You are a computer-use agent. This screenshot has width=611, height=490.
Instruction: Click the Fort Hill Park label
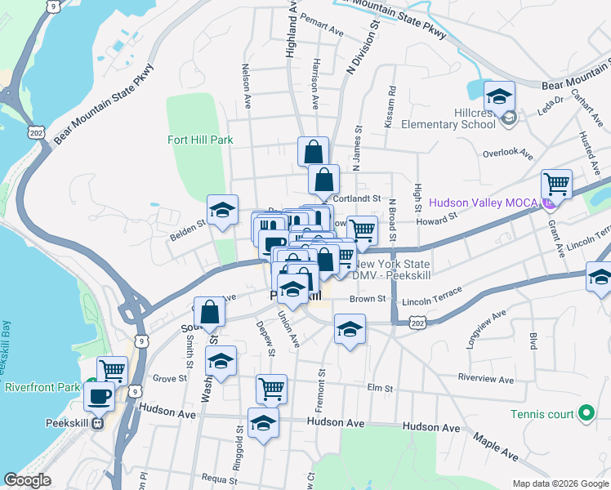200,140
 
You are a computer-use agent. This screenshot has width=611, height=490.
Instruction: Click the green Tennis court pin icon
585,414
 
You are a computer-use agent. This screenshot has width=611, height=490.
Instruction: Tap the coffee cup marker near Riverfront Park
100,397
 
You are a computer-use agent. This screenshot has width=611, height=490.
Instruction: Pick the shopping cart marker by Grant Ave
556,184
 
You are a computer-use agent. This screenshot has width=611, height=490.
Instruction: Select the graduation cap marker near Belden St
221,210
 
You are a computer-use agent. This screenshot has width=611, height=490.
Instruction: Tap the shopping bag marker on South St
210,311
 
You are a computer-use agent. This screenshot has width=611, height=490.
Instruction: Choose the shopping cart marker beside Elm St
271,389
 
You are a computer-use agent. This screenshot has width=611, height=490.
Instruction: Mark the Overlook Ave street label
506,154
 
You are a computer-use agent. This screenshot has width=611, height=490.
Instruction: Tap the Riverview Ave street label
485,380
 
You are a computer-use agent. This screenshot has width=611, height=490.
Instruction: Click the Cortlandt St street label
358,198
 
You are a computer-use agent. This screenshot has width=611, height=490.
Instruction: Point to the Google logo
27,480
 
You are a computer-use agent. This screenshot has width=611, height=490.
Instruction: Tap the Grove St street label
170,378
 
